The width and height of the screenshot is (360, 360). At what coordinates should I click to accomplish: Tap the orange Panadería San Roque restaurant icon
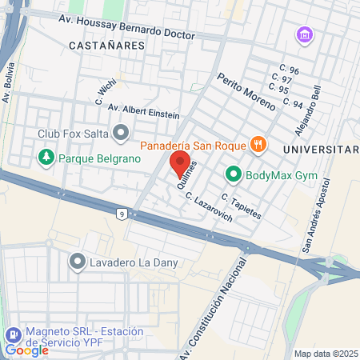point(257,145)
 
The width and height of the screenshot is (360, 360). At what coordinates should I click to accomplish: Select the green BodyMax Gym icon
point(234,173)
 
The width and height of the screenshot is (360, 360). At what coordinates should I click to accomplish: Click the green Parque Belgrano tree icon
point(46,158)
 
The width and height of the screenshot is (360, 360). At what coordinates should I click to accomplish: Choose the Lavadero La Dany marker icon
point(78,260)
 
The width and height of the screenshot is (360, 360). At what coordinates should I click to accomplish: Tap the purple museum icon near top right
point(304,35)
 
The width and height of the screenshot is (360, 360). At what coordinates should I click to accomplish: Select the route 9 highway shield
point(121,214)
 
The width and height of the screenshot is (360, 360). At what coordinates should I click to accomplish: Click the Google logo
point(27,350)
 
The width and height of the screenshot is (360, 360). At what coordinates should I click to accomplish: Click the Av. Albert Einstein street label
point(143,110)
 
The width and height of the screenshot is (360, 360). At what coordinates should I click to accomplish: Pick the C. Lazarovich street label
point(209,206)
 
